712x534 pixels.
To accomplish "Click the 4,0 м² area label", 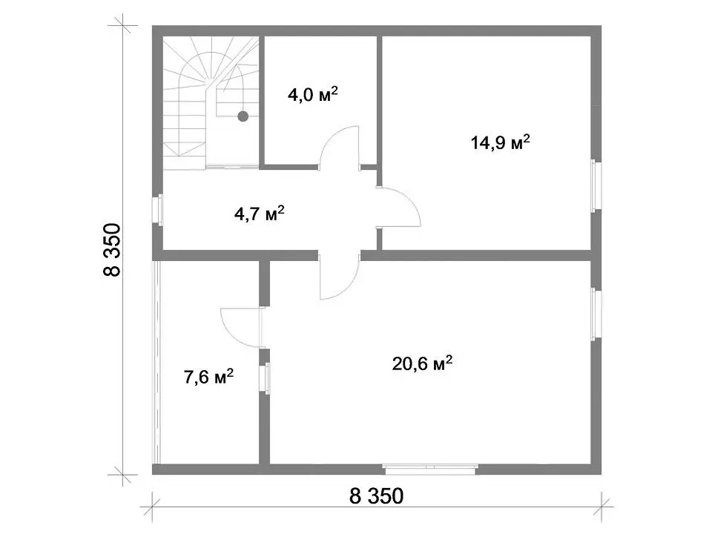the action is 313,94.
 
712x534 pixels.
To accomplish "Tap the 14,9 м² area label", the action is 501,142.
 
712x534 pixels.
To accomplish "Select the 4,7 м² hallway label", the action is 260,213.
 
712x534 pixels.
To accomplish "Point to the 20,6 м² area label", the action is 422,363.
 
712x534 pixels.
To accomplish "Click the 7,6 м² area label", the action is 209,377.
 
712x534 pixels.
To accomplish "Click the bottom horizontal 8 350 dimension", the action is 376,496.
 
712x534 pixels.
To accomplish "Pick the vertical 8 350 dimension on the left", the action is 112,250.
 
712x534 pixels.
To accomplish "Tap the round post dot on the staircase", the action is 243,116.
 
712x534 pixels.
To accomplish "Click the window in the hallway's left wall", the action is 157,209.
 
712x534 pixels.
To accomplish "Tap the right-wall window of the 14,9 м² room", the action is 596,185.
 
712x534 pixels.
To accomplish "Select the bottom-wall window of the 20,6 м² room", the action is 430,469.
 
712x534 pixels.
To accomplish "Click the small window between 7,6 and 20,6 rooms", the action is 265,378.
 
